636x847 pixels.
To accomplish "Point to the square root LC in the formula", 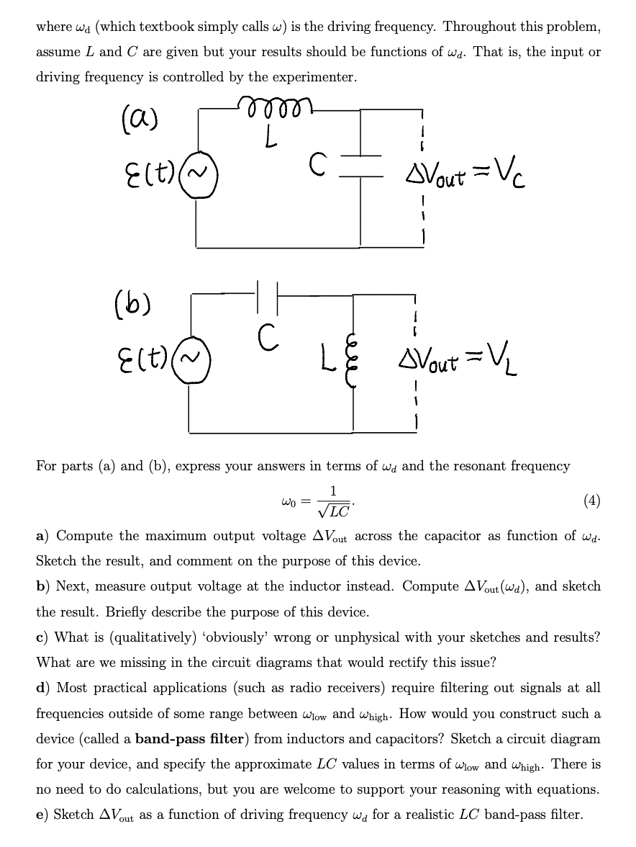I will coord(334,510).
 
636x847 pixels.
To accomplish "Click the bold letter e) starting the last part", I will coord(43,815).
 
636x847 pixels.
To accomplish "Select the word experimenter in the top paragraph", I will coord(314,77).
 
